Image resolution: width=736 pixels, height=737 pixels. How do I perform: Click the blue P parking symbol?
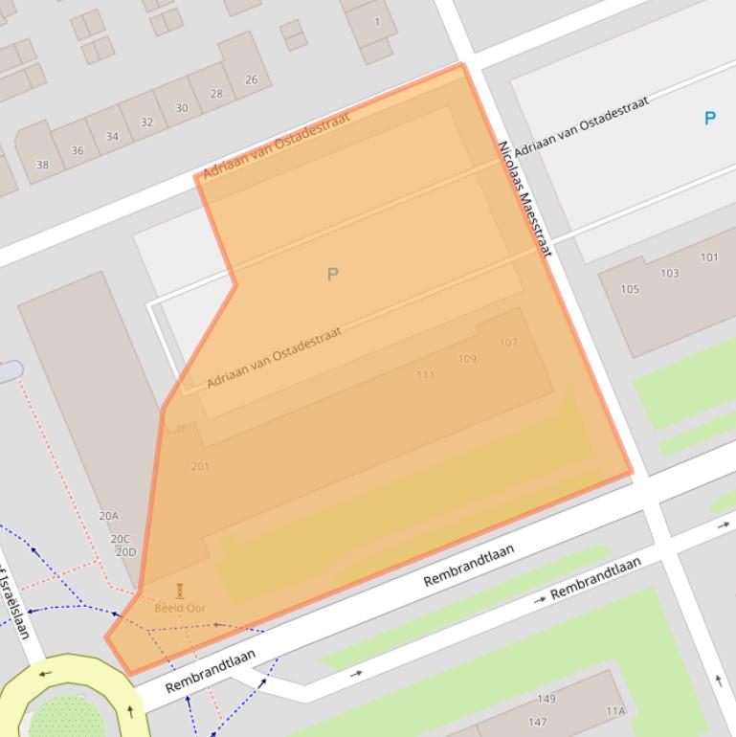709,119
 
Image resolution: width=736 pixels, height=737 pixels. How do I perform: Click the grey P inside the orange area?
332,275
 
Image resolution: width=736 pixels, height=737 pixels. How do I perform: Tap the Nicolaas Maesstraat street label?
524,199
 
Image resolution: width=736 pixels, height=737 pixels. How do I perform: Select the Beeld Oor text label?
180,608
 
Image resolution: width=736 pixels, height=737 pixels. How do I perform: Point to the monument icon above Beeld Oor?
180,592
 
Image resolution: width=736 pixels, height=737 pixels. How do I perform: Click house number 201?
200,466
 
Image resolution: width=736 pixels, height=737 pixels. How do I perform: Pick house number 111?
425,374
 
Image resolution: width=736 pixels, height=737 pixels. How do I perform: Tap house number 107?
508,343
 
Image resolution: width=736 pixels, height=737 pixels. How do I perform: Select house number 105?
630,289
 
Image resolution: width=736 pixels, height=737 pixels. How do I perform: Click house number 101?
709,257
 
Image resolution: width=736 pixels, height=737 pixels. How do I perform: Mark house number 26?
251,80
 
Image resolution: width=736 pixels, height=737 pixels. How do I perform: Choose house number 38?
42,165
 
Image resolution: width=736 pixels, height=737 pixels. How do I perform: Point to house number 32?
146,123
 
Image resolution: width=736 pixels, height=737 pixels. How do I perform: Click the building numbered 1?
376,22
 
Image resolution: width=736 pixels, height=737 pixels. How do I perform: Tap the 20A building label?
108,516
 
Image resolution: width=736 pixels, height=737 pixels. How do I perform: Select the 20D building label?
125,552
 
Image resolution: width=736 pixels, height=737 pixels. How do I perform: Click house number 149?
546,699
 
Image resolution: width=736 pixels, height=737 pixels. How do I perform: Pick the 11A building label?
615,711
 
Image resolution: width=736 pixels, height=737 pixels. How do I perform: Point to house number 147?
538,722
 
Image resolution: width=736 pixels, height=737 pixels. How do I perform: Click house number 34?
112,137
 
